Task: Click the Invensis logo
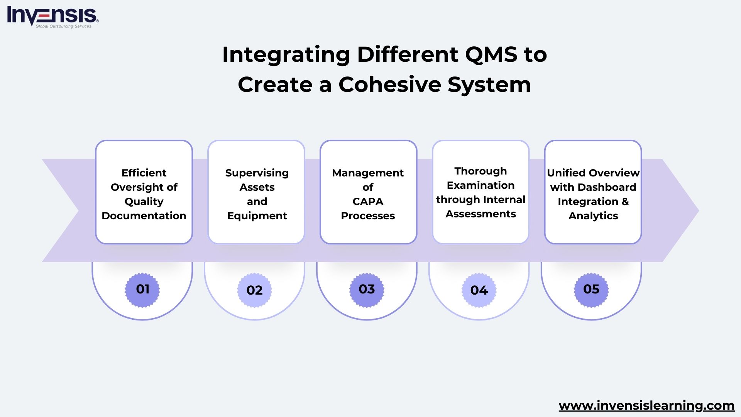[52, 15]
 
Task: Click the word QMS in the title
[491, 54]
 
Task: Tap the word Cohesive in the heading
[390, 85]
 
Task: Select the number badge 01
[142, 290]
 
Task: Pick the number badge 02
[254, 290]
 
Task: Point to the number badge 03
[367, 290]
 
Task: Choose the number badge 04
[479, 290]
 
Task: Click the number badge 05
[591, 290]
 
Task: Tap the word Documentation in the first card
[144, 216]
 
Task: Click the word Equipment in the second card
[257, 216]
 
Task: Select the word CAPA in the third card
[368, 202]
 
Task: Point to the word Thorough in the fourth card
[480, 171]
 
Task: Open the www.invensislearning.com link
[646, 405]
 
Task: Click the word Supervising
[257, 173]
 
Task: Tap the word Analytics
[593, 216]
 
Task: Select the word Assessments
[480, 214]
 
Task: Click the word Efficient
[144, 173]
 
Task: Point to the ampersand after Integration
[625, 202]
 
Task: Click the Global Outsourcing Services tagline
[63, 26]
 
